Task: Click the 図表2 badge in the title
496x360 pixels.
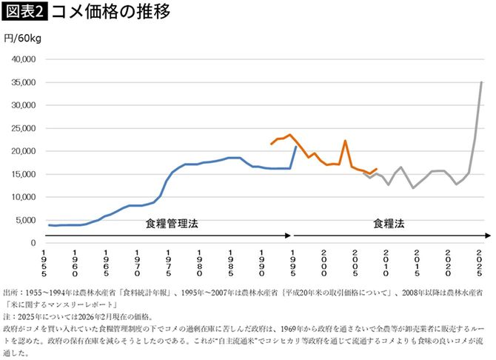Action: click(24, 12)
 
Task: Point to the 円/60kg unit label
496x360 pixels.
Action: click(21, 39)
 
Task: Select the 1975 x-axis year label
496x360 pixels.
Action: click(168, 263)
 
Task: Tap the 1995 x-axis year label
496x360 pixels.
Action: click(293, 263)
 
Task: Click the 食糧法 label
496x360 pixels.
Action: click(389, 223)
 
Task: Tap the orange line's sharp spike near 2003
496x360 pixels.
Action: click(345, 141)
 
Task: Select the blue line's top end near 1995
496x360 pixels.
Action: click(296, 147)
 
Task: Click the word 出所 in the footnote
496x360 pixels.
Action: click(13, 293)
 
